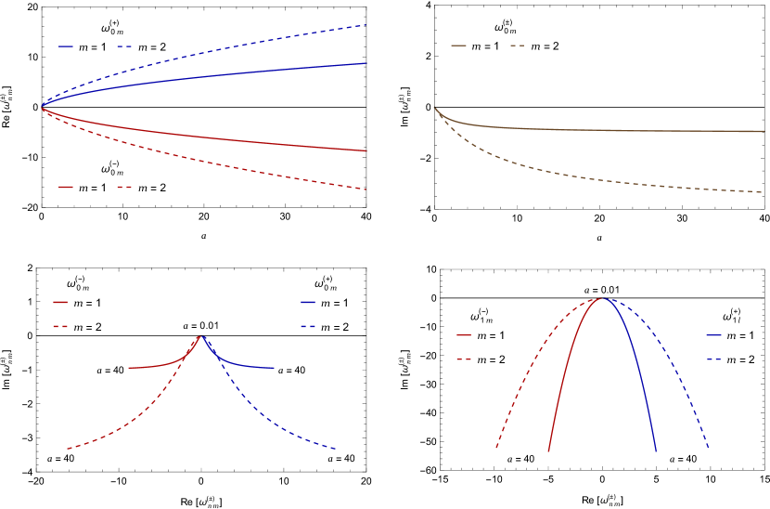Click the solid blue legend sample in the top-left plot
[66, 46]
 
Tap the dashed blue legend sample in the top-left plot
[123, 46]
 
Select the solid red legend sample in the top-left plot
[66, 188]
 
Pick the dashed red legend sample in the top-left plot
[123, 188]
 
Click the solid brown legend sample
[458, 46]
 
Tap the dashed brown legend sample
[517, 46]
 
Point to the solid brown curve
[603, 130]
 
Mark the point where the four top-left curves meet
[42, 108]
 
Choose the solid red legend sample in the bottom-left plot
[60, 302]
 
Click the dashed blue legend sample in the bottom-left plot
[308, 327]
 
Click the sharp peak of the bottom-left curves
[201, 335]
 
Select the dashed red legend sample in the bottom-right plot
[463, 359]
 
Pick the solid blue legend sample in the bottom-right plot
[713, 334]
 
